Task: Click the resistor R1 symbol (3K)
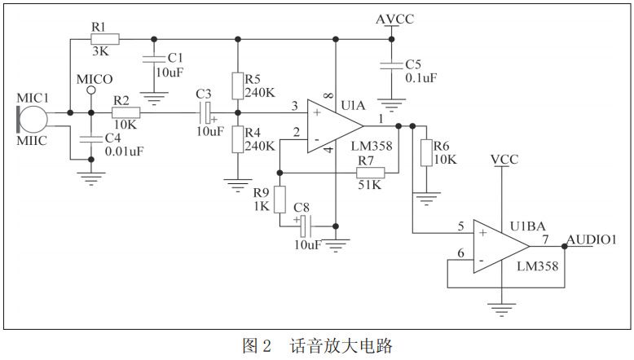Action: pos(106,38)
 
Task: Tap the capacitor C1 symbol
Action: pos(152,59)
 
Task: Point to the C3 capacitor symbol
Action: pos(208,113)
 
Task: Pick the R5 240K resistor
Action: pos(237,86)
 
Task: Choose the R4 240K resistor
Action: pos(237,138)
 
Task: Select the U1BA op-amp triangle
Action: pos(502,248)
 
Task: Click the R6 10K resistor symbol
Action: pos(425,152)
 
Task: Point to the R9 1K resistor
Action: pos(280,199)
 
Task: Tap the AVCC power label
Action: pos(394,19)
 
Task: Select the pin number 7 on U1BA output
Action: pos(546,239)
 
